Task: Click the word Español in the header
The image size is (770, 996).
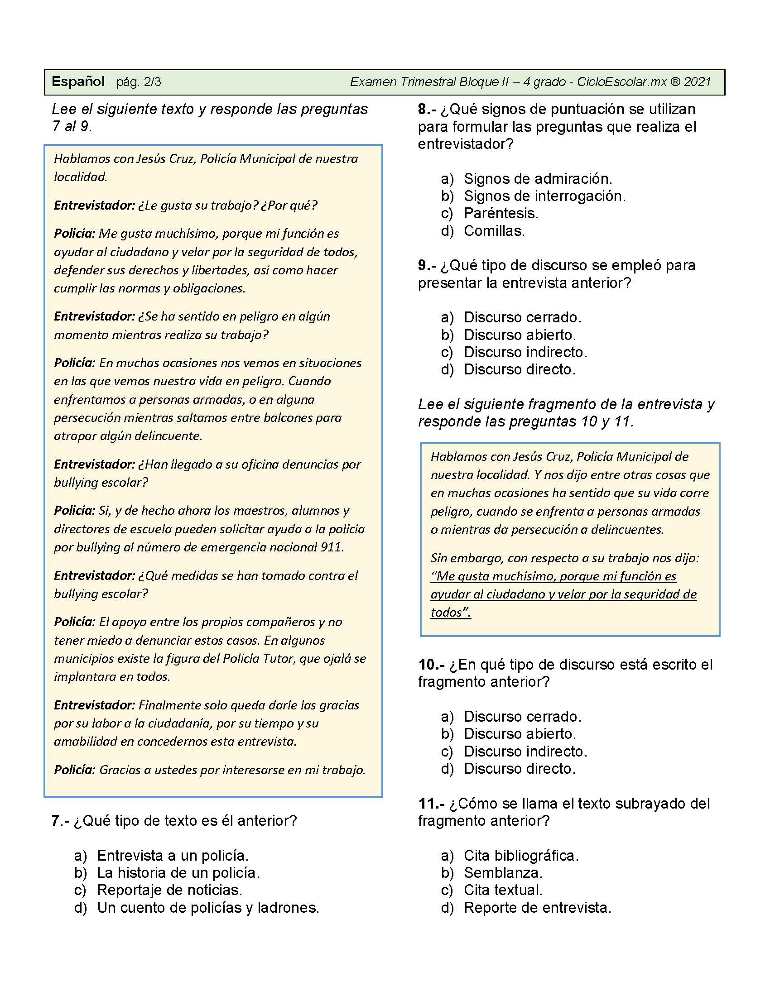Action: point(78,81)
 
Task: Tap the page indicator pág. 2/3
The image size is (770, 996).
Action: point(139,82)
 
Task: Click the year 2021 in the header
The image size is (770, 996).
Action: point(698,82)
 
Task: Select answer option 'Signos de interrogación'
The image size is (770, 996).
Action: point(544,196)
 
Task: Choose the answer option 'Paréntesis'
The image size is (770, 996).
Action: point(501,213)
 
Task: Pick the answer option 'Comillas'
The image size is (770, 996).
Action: point(494,231)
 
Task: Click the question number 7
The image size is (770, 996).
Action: point(55,821)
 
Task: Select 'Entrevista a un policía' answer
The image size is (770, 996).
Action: point(173,856)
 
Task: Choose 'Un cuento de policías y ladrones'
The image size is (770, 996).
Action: point(208,908)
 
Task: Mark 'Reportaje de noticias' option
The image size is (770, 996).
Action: point(170,890)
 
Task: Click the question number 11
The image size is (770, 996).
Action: point(428,804)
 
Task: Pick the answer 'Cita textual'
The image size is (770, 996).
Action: point(503,890)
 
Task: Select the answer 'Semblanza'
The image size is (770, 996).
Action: point(503,873)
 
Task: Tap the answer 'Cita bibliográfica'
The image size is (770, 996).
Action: point(521,856)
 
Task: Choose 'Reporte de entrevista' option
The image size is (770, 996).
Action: point(537,908)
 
